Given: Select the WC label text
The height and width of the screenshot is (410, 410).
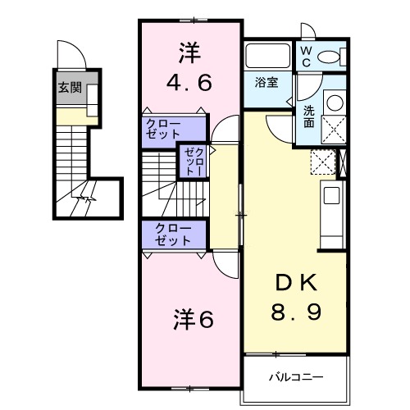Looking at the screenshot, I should click(305, 55).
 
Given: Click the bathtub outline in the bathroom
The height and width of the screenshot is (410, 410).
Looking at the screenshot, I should click(267, 56).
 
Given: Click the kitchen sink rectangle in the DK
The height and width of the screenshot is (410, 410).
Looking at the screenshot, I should click(332, 196).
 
